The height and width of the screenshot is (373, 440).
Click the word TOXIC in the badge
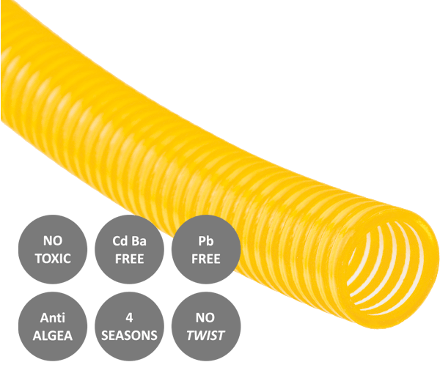(x=53, y=259)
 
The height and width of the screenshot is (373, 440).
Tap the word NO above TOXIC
(x=53, y=241)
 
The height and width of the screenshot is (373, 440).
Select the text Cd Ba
(x=129, y=241)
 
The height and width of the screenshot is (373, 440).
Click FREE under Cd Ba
(x=129, y=259)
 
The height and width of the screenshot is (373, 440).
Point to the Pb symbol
(x=206, y=241)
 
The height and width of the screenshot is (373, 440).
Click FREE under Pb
(x=206, y=259)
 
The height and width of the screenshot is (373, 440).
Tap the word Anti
(x=53, y=318)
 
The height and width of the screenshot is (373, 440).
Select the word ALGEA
(x=53, y=336)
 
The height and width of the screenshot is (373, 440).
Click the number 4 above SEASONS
(x=129, y=318)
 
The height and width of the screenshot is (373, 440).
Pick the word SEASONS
(x=129, y=336)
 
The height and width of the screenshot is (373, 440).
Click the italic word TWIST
(x=205, y=336)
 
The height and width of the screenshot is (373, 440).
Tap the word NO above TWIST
(x=205, y=318)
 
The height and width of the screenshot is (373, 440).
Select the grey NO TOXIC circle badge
(x=53, y=250)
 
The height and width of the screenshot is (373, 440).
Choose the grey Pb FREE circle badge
(x=206, y=250)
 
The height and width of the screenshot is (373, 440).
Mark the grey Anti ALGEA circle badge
(x=53, y=326)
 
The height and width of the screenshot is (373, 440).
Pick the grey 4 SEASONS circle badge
(x=129, y=326)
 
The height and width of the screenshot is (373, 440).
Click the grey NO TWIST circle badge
(x=206, y=326)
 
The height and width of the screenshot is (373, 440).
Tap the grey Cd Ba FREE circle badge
(x=129, y=250)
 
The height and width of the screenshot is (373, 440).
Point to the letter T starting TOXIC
(x=38, y=259)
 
